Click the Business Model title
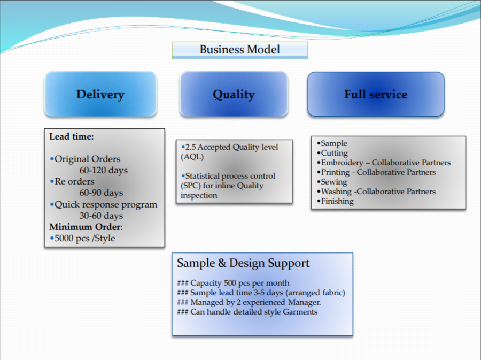[x=239, y=49]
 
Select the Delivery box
[x=100, y=94]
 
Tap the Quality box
[x=234, y=94]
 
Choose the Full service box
[x=376, y=94]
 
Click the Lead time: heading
[x=72, y=136]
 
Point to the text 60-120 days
[x=103, y=170]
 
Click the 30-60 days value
[x=101, y=216]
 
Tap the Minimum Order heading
[x=86, y=227]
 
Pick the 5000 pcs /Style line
[x=82, y=238]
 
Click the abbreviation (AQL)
[x=192, y=157]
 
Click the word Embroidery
[x=342, y=163]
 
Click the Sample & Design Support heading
[x=243, y=263]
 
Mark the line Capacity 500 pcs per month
[x=233, y=283]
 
